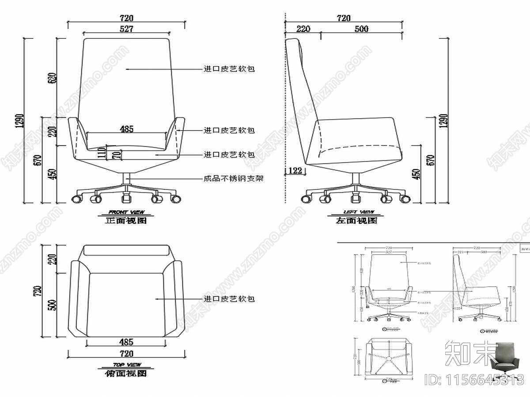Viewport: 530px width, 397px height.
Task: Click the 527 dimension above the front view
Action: click(x=126, y=29)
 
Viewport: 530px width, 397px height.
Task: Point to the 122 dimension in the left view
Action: click(x=295, y=170)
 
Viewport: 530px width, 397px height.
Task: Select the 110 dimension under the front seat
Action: click(x=102, y=153)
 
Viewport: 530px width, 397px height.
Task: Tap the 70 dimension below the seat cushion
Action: click(x=116, y=155)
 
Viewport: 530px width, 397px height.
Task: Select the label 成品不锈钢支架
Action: click(x=233, y=179)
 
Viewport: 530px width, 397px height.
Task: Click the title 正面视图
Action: click(x=126, y=221)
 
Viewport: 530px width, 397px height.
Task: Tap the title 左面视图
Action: click(x=356, y=221)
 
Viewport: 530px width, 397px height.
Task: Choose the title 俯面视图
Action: click(x=126, y=373)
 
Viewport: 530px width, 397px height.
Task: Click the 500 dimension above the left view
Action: click(x=361, y=29)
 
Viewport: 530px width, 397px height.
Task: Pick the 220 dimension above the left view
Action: click(x=303, y=29)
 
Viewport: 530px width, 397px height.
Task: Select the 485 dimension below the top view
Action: click(x=127, y=342)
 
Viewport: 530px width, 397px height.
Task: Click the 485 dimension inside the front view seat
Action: click(x=127, y=129)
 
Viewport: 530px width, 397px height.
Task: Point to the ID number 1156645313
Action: click(x=474, y=379)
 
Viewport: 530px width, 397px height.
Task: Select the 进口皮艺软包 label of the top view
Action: click(x=229, y=299)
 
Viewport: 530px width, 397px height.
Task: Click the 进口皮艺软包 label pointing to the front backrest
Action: click(x=229, y=69)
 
